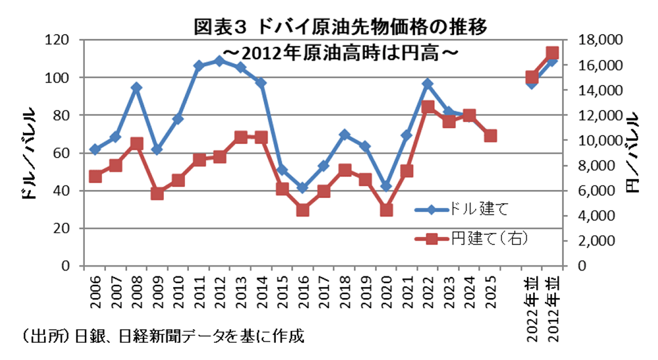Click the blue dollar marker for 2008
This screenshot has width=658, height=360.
[136, 88]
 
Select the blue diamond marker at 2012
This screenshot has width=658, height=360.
[220, 61]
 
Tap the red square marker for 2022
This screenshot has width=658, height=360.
[428, 107]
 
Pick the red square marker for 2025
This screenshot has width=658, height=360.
[490, 136]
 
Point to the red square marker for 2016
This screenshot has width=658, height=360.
[303, 210]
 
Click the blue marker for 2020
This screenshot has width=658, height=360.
[386, 186]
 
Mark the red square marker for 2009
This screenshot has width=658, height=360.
[157, 193]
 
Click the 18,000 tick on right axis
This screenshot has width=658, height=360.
[595, 40]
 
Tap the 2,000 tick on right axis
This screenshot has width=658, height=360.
[598, 241]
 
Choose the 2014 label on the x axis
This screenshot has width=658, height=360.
[261, 292]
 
